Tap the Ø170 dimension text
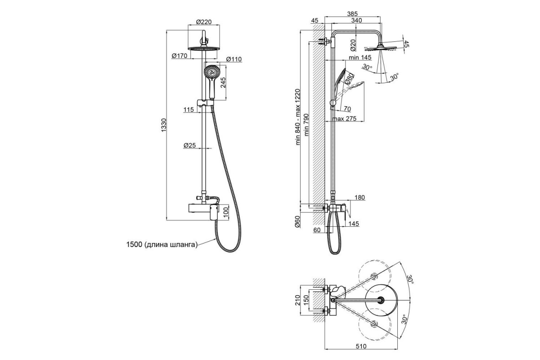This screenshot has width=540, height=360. pos(179,56)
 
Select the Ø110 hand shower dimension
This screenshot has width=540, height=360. pos(234,59)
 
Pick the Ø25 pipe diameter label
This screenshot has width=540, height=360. pos(189,145)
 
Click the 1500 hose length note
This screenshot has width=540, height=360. pos(162,245)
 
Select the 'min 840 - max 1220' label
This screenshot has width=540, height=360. pos(298,116)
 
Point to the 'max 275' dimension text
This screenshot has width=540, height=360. pos(345,118)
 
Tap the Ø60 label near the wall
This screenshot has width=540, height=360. pos(297,221)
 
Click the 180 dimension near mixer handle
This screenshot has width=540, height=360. pos(360,198)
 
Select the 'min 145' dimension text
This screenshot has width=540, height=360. pos(359,58)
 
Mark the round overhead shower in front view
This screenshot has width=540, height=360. pos(204,48)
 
